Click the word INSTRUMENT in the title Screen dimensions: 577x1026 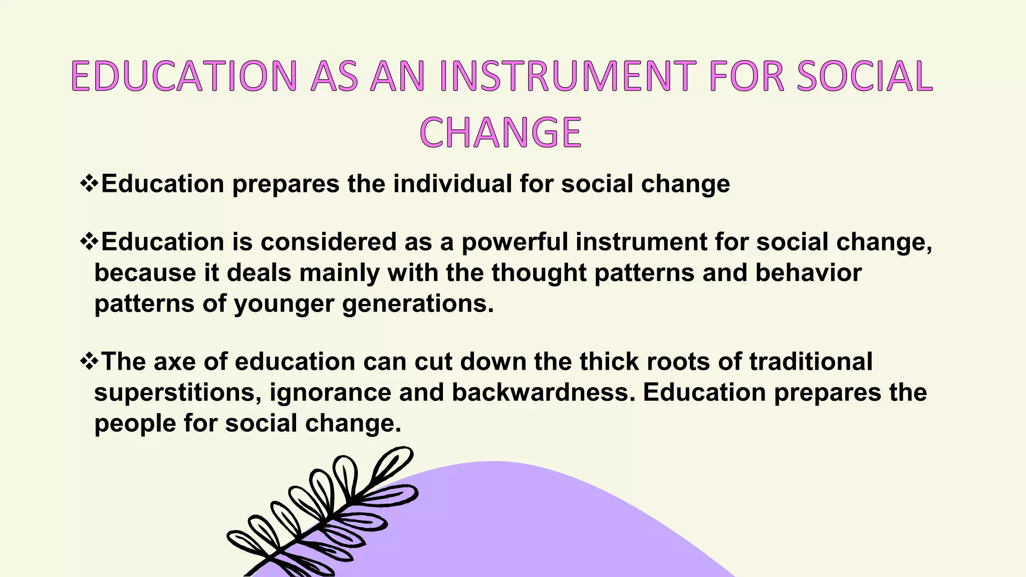pyautogui.click(x=568, y=76)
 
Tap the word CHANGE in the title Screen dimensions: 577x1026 pyautogui.click(x=500, y=133)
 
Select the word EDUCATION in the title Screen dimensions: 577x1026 pyautogui.click(x=184, y=76)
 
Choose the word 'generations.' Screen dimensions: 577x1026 pyautogui.click(x=418, y=304)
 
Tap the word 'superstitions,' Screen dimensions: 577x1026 pyautogui.click(x=178, y=393)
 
